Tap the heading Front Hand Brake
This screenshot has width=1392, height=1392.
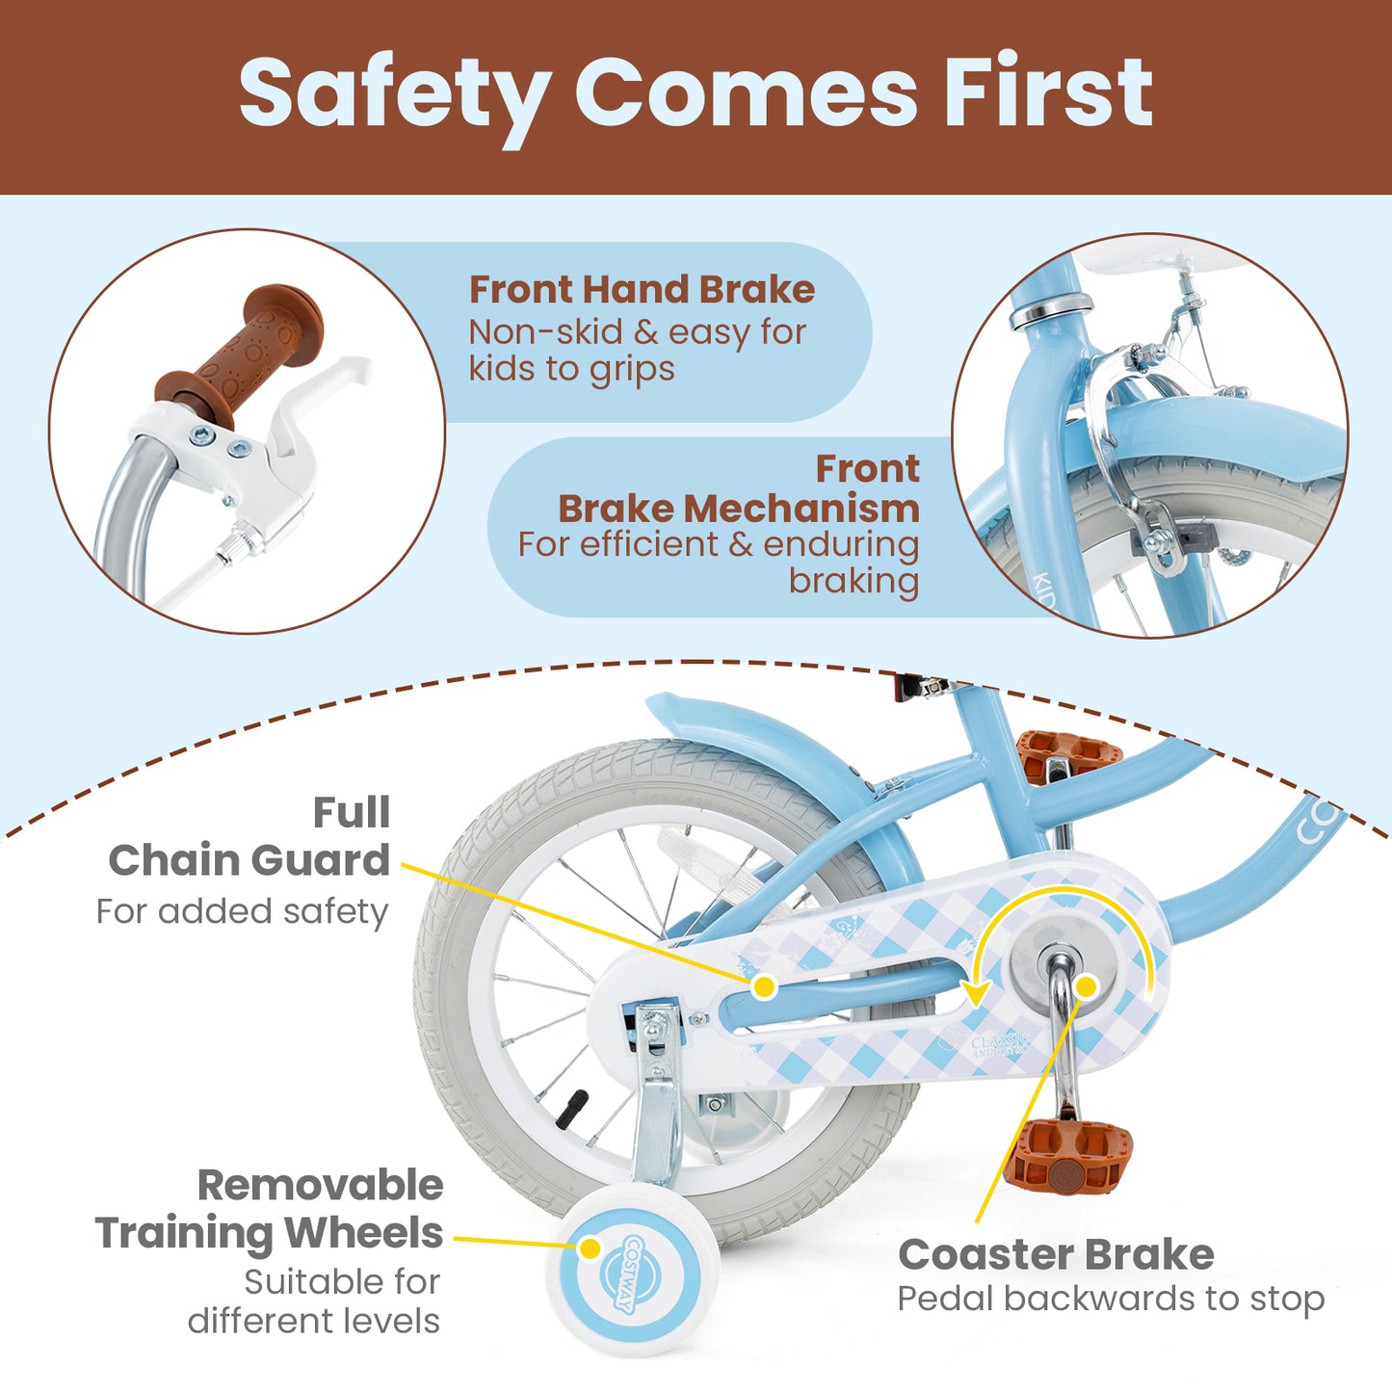642,289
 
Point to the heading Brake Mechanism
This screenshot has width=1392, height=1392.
738,508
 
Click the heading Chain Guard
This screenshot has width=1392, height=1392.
249,859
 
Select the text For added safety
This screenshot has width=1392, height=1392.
243,911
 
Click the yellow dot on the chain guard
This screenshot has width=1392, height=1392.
764,986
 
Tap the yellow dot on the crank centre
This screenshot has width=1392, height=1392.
1086,986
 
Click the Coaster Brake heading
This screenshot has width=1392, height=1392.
1056,1254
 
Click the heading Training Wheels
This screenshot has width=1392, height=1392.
269,1233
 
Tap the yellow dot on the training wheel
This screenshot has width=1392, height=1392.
590,1248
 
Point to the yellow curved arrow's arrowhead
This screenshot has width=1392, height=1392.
976,994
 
